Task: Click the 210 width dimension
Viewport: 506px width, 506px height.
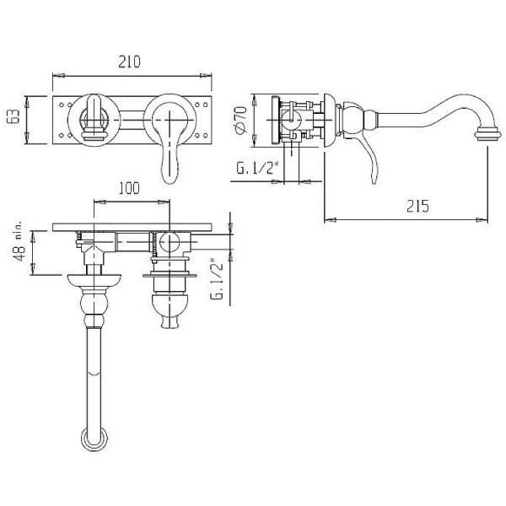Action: click(129, 62)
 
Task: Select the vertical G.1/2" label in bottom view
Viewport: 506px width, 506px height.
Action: click(216, 284)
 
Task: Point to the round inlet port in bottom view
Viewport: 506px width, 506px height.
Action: click(168, 244)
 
